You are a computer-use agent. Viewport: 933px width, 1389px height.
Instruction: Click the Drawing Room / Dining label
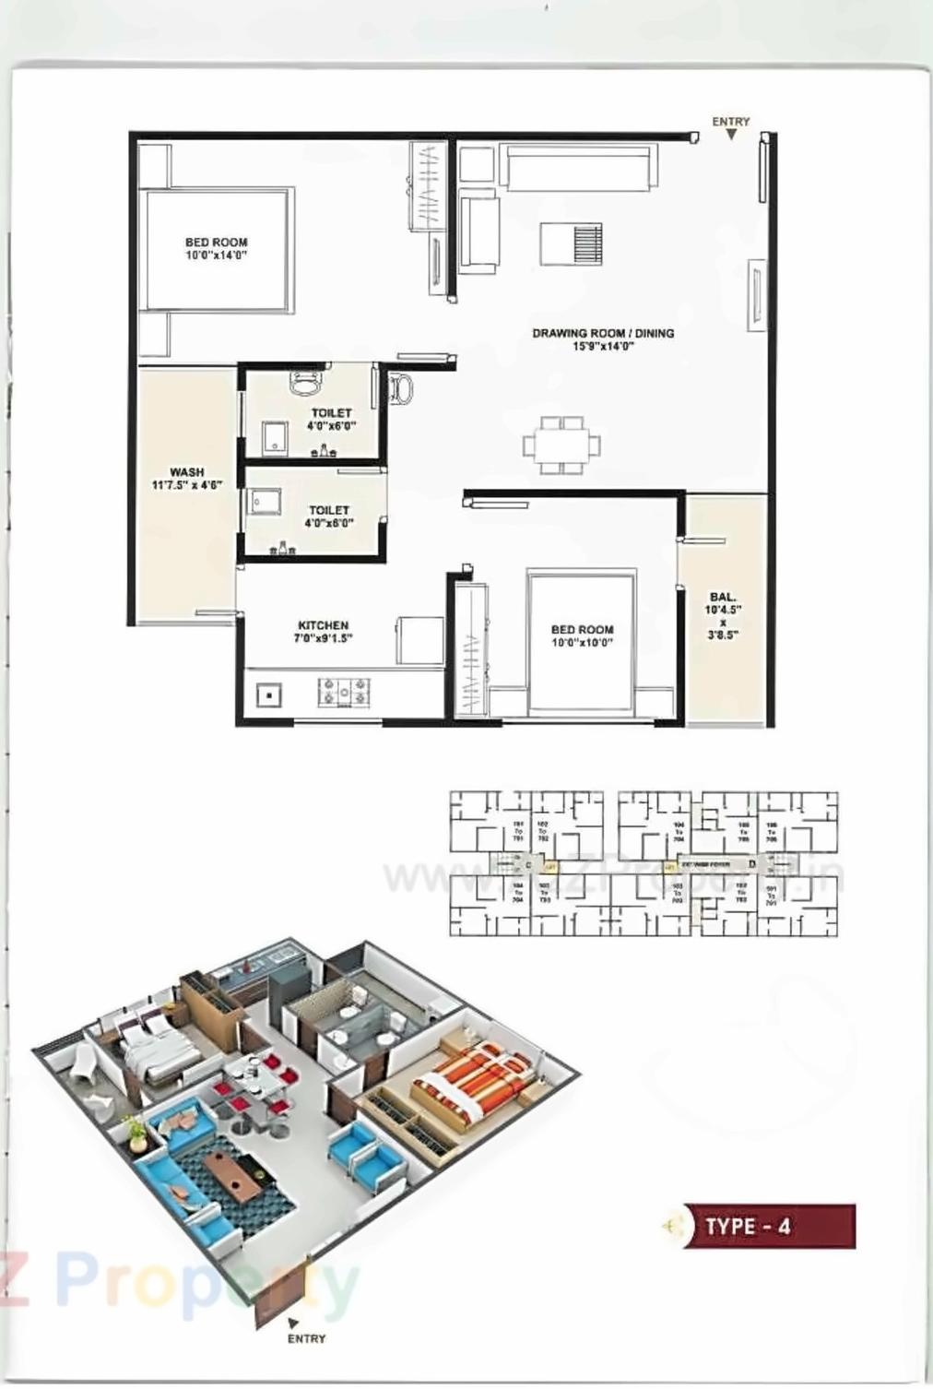pyautogui.click(x=602, y=333)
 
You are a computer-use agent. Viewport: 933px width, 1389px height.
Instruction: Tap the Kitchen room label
pyautogui.click(x=323, y=625)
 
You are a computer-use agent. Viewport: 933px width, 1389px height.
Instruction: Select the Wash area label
pyautogui.click(x=186, y=472)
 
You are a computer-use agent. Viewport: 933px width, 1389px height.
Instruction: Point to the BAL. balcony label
pyautogui.click(x=723, y=598)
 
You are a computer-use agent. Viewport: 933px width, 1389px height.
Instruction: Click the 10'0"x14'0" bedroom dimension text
pyautogui.click(x=216, y=255)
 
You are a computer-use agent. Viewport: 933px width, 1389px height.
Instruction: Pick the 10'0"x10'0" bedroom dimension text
pyautogui.click(x=582, y=643)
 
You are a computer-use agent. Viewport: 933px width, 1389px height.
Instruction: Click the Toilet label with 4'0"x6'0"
pyautogui.click(x=330, y=413)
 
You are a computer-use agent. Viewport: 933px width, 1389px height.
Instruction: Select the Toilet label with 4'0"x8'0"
pyautogui.click(x=329, y=510)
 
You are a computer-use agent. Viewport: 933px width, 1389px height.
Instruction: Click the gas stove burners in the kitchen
pyautogui.click(x=344, y=691)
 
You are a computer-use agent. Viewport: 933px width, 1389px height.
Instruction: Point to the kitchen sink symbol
pyautogui.click(x=268, y=694)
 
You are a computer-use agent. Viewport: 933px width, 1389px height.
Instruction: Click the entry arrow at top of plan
pyautogui.click(x=731, y=135)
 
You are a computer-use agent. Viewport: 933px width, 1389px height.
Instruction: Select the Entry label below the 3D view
pyautogui.click(x=306, y=1338)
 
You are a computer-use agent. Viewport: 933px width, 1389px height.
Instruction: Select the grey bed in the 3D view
pyautogui.click(x=154, y=1047)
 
